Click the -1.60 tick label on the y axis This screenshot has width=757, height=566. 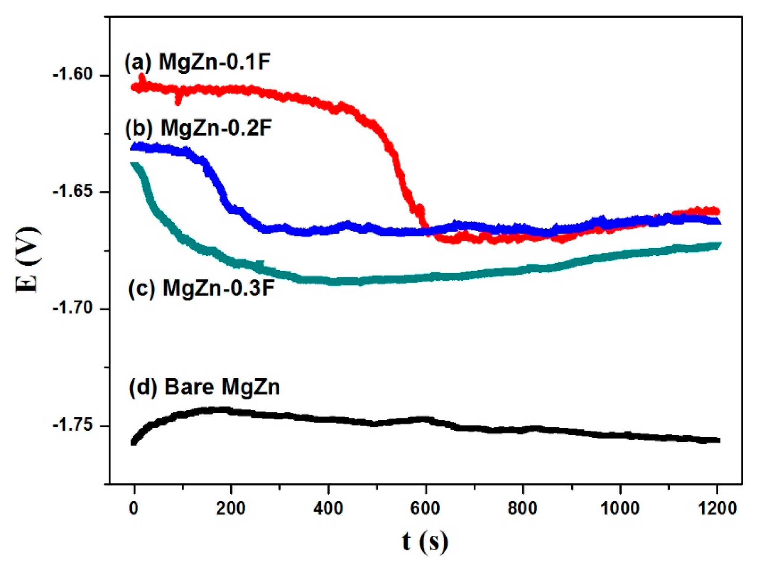pos(73,75)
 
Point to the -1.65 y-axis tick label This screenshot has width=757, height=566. pos(73,192)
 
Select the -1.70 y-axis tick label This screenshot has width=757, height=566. pos(73,309)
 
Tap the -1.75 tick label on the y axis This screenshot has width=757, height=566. pos(73,426)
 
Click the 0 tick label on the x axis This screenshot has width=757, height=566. pos(134,508)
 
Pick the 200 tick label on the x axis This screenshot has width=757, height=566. pos(230,508)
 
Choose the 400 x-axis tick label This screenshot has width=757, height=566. pos(328,508)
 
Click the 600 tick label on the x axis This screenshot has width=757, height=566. pos(425,508)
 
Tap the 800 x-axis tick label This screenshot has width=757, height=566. pos(522,508)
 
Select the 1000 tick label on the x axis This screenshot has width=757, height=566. pos(620,508)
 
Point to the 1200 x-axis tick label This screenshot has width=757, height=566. pos(717,508)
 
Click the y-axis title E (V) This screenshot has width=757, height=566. pos(28,260)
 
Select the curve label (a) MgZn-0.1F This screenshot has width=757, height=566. pos(197,62)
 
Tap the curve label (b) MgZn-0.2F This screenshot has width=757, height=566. pos(198,128)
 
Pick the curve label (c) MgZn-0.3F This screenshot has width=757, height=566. pos(201,288)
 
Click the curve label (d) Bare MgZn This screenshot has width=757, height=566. pos(204,387)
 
